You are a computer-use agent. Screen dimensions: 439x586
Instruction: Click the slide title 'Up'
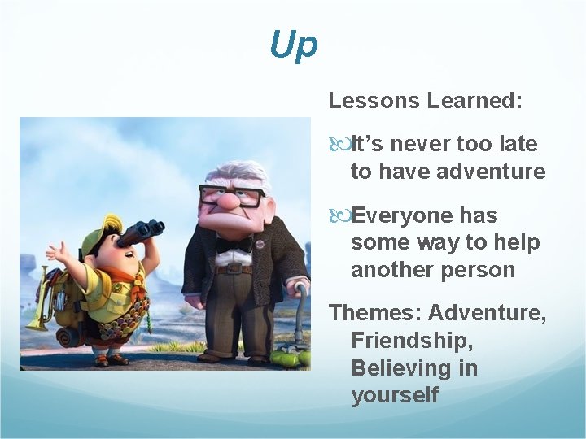pyautogui.click(x=293, y=46)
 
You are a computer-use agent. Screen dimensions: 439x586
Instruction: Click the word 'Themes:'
pyautogui.click(x=374, y=312)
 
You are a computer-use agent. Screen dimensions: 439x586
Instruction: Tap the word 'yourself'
pyautogui.click(x=395, y=395)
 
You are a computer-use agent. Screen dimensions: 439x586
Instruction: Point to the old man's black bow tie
pyautogui.click(x=234, y=244)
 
